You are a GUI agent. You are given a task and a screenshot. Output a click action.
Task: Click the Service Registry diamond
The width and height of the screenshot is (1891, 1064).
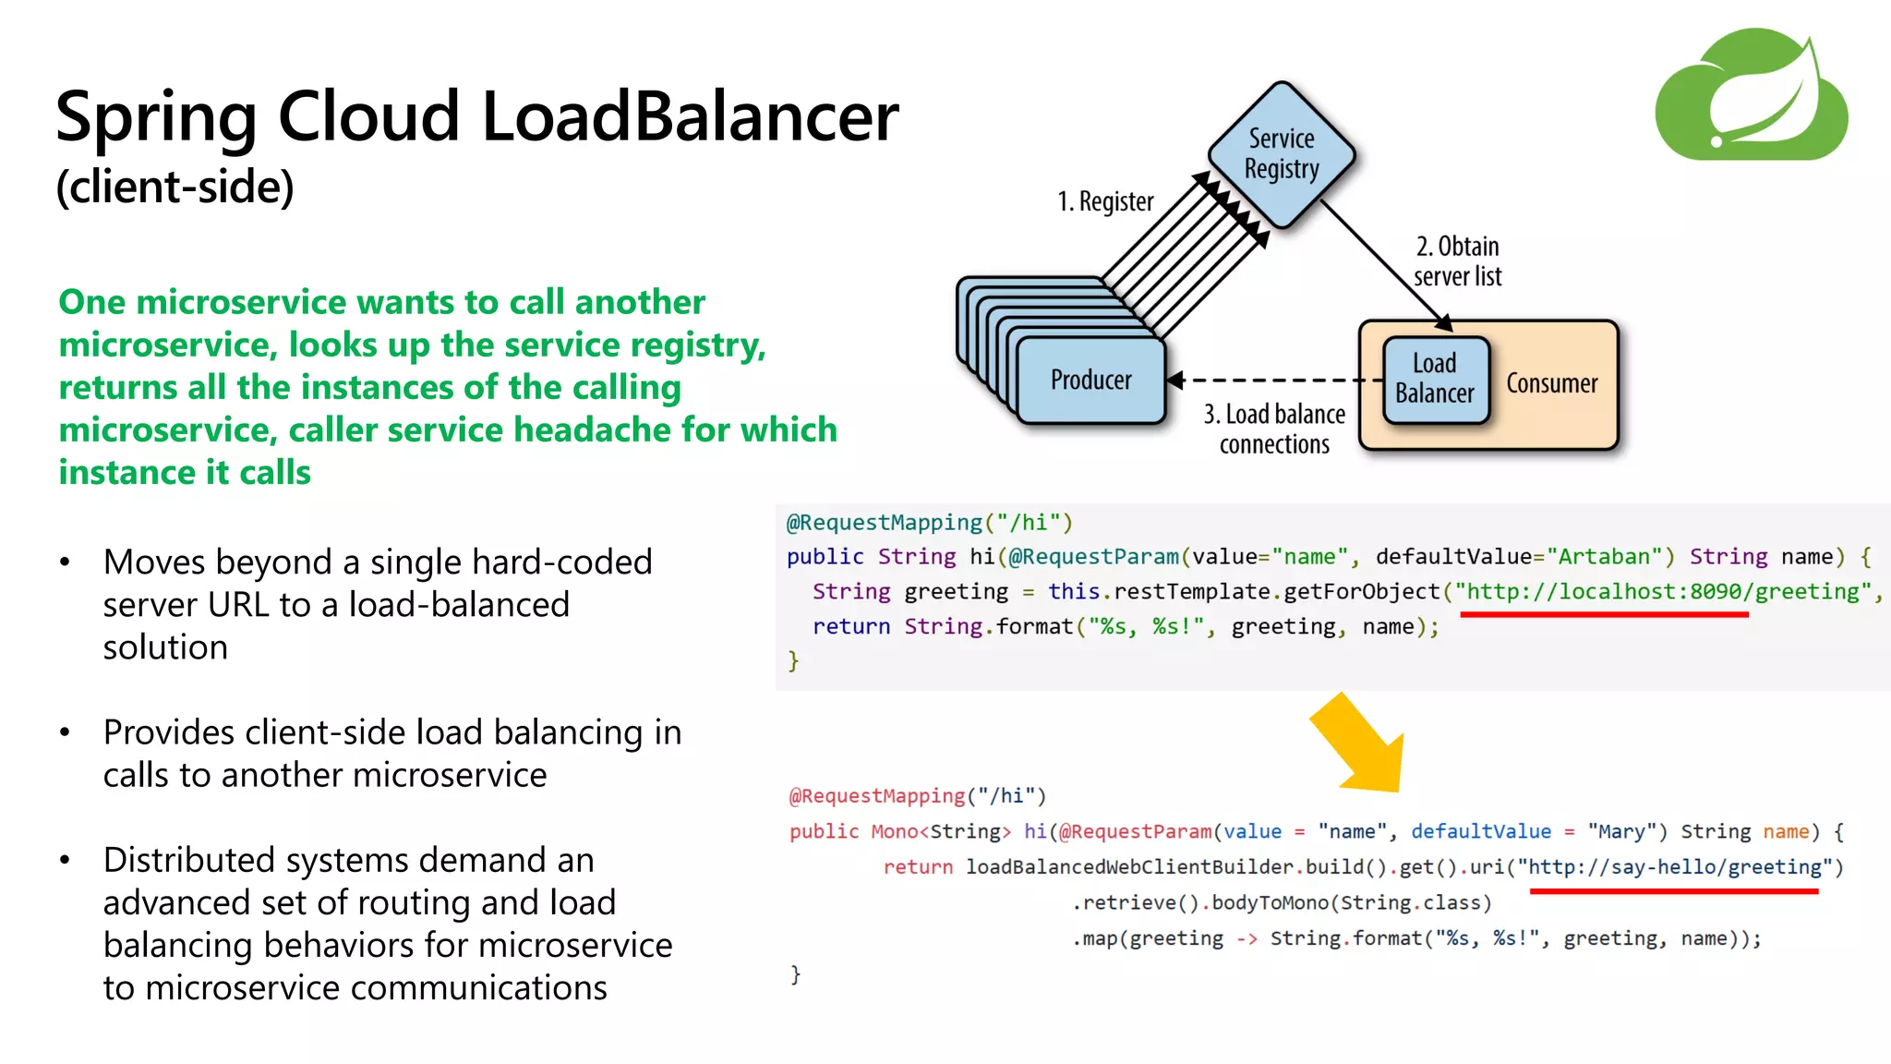click(1281, 154)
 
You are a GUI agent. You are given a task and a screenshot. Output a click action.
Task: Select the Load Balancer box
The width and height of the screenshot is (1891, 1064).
click(1435, 380)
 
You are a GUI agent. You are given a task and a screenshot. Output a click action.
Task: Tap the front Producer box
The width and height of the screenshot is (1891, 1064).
click(1090, 381)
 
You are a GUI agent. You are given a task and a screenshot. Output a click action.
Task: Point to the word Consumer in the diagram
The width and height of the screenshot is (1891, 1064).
click(1551, 384)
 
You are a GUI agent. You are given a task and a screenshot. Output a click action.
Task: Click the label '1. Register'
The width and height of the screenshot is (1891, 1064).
click(1105, 201)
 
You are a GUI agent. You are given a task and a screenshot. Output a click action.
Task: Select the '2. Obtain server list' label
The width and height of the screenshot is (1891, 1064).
click(1457, 261)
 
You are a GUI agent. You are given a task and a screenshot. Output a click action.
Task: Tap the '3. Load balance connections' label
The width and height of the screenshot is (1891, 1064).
click(1274, 429)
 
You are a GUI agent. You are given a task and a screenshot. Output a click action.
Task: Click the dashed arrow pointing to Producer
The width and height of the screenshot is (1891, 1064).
click(1274, 380)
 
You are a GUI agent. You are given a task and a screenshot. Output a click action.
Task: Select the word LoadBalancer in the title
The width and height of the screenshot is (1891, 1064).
click(690, 117)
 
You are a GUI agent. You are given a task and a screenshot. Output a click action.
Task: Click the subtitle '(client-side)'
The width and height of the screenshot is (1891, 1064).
click(175, 187)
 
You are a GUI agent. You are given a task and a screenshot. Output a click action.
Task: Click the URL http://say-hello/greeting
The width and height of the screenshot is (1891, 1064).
click(1674, 867)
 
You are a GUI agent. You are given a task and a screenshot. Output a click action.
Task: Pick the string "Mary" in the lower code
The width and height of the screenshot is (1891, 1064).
click(1620, 832)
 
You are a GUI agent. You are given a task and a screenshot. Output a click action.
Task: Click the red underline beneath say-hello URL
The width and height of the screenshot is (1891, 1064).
click(1673, 891)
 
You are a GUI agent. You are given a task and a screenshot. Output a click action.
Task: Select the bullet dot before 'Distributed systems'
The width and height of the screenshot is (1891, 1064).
click(65, 861)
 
